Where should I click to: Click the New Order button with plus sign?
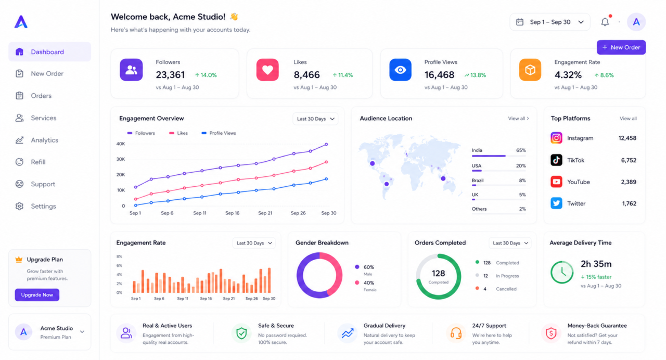[x=621, y=47]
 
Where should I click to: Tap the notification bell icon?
[x=605, y=22]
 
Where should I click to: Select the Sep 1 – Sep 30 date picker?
[x=550, y=22]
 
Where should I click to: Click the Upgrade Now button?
[x=37, y=295]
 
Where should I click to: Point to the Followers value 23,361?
[x=170, y=74]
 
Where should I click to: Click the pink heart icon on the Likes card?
[x=267, y=70]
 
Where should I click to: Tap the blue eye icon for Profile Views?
[x=400, y=70]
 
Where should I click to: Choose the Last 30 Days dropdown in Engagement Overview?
[x=315, y=119]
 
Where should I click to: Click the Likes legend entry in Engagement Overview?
[x=178, y=133]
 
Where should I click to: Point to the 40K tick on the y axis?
[x=121, y=144]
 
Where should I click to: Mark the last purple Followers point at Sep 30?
[x=326, y=145]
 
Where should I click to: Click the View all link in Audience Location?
[x=518, y=119]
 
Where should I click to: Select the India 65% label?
[x=498, y=150]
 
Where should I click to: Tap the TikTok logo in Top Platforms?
[x=556, y=160]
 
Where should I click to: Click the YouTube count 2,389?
[x=629, y=182]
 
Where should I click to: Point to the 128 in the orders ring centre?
[x=438, y=273]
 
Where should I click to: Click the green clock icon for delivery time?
[x=562, y=272]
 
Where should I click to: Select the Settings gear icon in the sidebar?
[x=20, y=206]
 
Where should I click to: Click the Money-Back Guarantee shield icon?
[x=551, y=333]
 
